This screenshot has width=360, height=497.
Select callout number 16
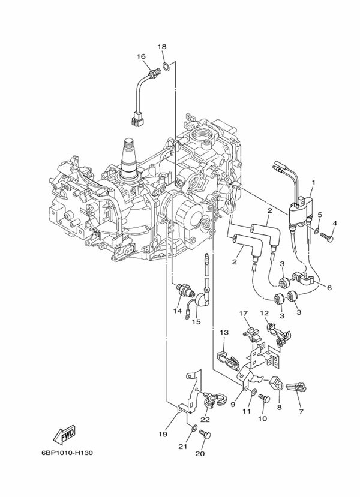pyautogui.click(x=141, y=57)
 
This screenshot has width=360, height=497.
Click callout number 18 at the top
pyautogui.click(x=162, y=47)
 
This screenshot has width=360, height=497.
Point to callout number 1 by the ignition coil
pyautogui.click(x=313, y=182)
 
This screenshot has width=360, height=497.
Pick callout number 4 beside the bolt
pyautogui.click(x=335, y=223)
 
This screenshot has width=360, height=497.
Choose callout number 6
pyautogui.click(x=328, y=288)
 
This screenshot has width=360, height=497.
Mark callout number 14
pyautogui.click(x=177, y=311)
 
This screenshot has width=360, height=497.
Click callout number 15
pyautogui.click(x=196, y=321)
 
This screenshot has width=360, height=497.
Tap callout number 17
pyautogui.click(x=243, y=313)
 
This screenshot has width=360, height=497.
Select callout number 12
pyautogui.click(x=264, y=313)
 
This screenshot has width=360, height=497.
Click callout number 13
pyautogui.click(x=224, y=332)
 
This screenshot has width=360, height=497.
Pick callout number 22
pyautogui.click(x=205, y=420)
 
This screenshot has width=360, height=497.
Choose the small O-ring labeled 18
pyautogui.click(x=166, y=62)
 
